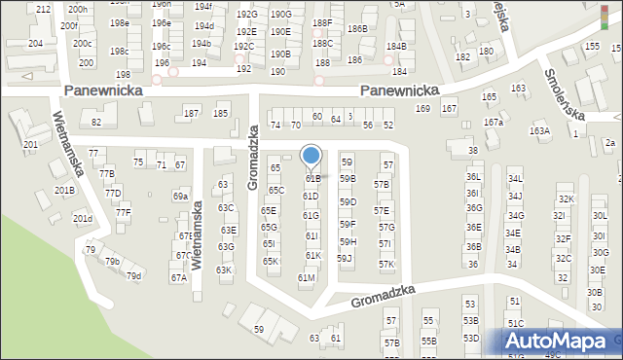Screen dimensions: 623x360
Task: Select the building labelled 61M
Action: pos(306,277)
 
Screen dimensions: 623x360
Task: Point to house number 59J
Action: pos(344,258)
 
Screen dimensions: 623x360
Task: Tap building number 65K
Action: pos(271,261)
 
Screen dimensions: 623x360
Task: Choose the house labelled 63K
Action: pos(224,270)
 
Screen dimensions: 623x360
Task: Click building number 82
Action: pos(95,122)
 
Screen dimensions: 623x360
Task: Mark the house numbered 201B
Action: pos(64,190)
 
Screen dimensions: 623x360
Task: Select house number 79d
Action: pos(133,276)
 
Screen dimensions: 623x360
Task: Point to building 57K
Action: pos(386,264)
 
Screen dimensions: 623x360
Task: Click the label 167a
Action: pos(495,122)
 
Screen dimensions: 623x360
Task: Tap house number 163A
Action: pos(539,130)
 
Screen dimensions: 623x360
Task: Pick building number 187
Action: pos(192,114)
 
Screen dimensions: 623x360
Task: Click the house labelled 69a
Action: pos(180,196)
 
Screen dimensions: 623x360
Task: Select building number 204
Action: pos(36,44)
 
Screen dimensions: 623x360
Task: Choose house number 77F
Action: pos(123,211)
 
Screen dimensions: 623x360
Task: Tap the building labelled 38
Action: pos(473,151)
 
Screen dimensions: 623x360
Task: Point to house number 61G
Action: pos(311,215)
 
